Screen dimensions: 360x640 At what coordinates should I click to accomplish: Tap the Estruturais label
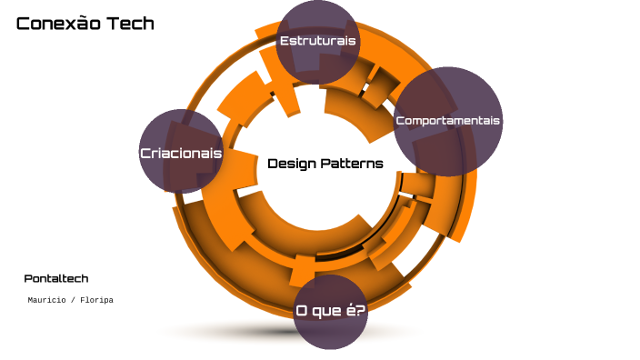(317, 41)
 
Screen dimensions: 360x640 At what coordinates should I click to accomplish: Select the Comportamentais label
(448, 120)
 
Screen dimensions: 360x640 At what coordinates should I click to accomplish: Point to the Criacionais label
(181, 153)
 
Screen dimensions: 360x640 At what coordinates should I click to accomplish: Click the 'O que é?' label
(331, 311)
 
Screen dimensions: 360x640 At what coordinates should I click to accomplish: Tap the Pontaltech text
(56, 278)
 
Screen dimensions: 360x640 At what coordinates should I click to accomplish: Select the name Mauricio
(48, 300)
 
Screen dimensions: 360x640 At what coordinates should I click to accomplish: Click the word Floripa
(95, 300)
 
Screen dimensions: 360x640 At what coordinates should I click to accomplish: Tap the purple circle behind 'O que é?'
(330, 332)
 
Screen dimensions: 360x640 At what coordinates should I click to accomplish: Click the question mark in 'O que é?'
(362, 311)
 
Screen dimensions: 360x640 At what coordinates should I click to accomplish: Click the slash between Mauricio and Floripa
(73, 300)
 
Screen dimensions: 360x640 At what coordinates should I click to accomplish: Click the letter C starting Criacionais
(145, 153)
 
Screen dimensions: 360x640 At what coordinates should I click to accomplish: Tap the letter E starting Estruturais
(284, 41)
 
